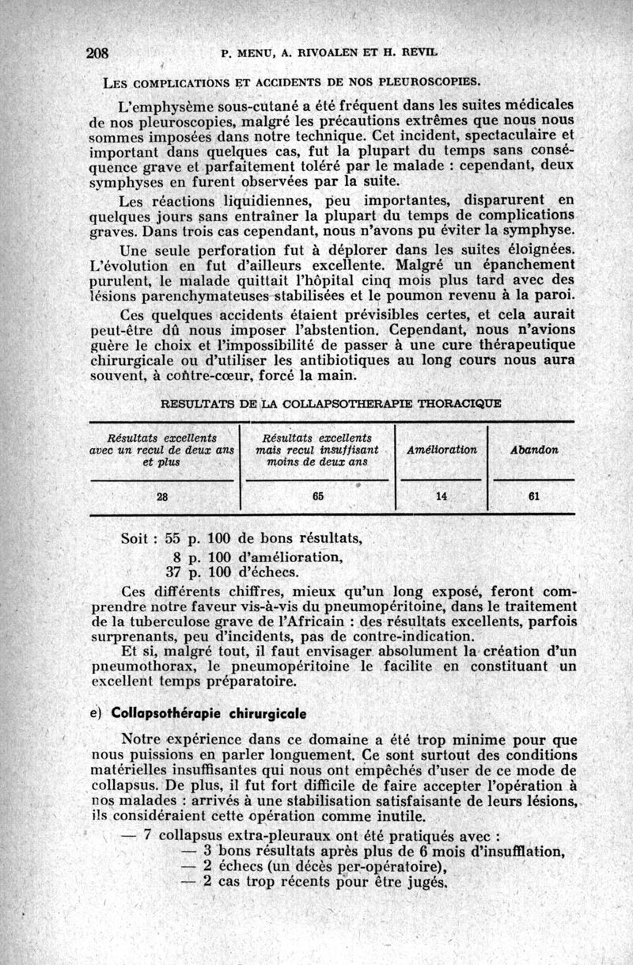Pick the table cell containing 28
tap(162, 497)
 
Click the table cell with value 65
tap(317, 497)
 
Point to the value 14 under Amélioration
tap(442, 497)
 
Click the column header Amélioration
tap(442, 450)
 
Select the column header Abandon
tap(534, 450)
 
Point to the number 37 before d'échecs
tap(175, 572)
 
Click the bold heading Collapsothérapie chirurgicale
tap(204, 713)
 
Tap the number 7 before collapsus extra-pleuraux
tap(148, 835)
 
